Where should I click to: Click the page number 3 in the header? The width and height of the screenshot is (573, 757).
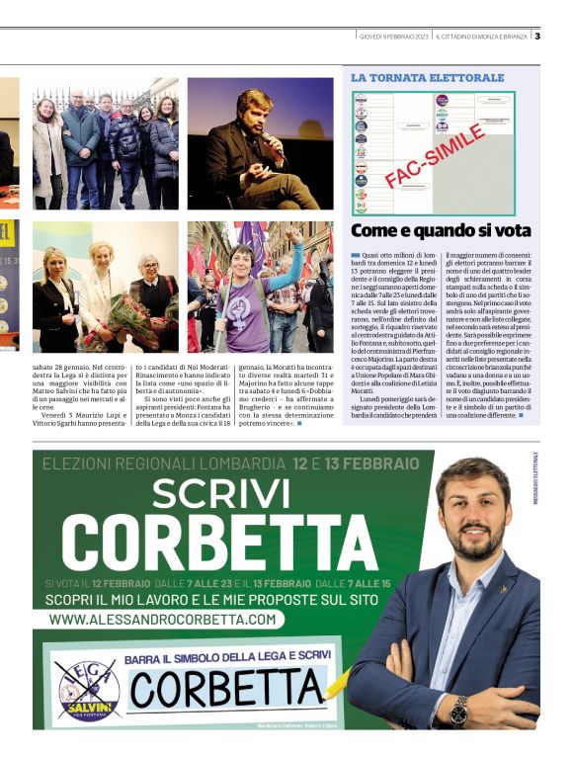point(537,37)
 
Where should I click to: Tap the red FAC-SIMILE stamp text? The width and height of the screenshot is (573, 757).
point(436,155)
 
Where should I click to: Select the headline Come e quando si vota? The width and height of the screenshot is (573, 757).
point(441,231)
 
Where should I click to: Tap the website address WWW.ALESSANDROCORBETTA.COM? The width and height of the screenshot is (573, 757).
point(163,619)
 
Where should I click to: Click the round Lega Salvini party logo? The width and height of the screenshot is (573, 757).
point(88,688)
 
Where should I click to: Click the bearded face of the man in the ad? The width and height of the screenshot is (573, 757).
point(465,514)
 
